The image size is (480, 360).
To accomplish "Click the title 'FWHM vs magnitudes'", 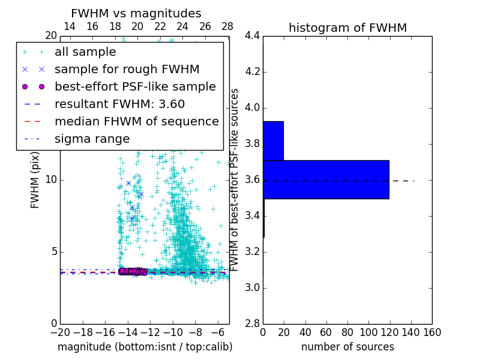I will point(136,13).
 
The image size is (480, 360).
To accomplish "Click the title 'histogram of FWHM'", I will point(347,28).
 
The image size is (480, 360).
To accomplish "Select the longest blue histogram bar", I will point(326,179).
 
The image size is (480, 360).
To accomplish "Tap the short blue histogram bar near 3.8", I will point(273,140).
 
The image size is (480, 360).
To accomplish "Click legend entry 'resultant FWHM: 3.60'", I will point(119,104).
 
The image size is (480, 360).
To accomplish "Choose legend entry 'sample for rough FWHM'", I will point(127,69).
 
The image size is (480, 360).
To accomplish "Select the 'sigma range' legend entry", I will point(92,139).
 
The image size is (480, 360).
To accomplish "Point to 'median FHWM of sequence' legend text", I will point(136,121).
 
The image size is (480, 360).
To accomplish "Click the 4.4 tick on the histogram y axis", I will point(251,36).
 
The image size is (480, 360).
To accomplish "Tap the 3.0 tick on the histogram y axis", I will point(251,288).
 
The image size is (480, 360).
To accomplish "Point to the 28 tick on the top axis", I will point(227,26).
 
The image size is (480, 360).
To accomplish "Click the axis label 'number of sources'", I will point(347,347).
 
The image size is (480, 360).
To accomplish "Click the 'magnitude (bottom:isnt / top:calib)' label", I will point(145,347).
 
